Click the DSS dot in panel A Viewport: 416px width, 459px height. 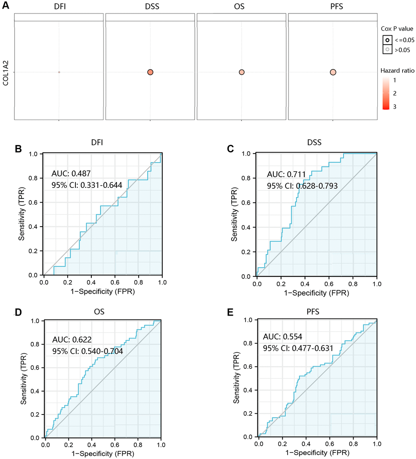click(x=150, y=72)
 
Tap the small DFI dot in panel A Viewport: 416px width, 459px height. click(x=59, y=72)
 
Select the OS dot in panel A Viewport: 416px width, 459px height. click(x=241, y=72)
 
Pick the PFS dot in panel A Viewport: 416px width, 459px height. click(x=333, y=72)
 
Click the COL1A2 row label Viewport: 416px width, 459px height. click(x=6, y=73)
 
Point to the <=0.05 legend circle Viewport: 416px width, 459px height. click(x=387, y=40)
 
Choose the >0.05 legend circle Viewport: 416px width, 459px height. click(x=387, y=50)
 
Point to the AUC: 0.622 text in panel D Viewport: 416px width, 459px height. click(x=71, y=340)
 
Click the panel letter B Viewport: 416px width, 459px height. click(x=18, y=149)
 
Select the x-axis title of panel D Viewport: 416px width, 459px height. click(x=103, y=454)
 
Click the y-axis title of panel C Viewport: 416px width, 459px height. click(x=235, y=215)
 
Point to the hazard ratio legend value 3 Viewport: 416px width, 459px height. click(x=394, y=107)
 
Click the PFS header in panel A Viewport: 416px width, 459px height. click(x=333, y=7)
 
